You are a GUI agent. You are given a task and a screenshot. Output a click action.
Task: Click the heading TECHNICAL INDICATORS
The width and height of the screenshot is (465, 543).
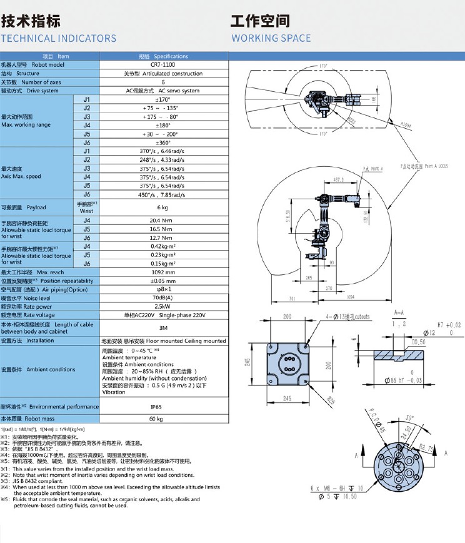click(59, 38)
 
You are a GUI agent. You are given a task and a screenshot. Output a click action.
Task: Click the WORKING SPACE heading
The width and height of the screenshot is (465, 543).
click(271, 38)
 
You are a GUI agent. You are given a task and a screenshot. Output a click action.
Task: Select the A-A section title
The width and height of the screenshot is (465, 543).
click(398, 311)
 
